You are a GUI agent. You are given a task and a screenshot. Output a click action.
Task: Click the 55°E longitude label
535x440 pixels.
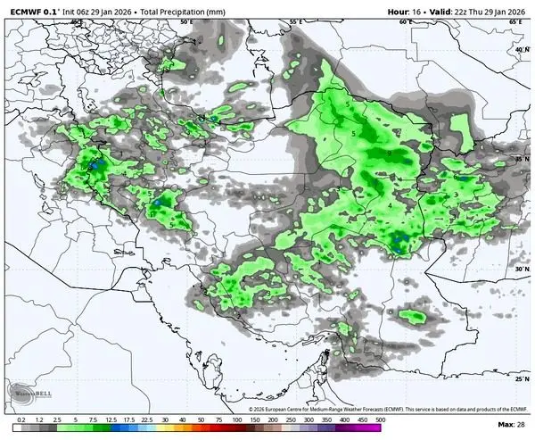295,21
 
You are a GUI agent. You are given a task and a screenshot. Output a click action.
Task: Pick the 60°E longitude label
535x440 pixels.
406,21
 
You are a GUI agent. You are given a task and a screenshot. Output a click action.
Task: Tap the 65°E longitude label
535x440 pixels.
515,21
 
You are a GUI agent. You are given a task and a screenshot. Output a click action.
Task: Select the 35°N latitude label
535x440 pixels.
522,158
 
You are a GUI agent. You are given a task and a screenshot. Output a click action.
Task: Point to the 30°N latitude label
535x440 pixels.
522,268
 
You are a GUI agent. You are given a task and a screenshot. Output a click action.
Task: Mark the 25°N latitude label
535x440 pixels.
522,378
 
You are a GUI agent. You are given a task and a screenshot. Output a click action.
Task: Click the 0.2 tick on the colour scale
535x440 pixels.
20,419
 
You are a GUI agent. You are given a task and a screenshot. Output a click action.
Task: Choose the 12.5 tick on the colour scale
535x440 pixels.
111,419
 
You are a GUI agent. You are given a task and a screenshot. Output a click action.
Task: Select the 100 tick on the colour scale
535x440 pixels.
237,419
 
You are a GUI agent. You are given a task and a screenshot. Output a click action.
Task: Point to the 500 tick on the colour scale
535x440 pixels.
381,419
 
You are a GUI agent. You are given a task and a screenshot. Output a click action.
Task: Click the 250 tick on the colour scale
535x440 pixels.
291,419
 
